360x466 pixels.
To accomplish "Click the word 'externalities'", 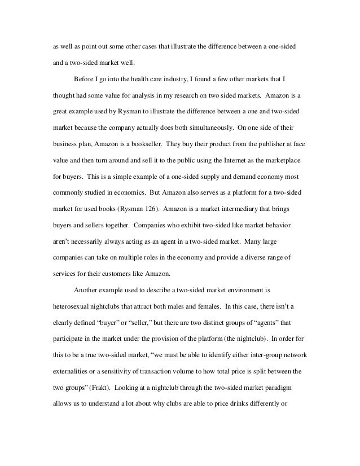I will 69,372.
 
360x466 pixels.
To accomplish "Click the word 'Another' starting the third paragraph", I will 87,292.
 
